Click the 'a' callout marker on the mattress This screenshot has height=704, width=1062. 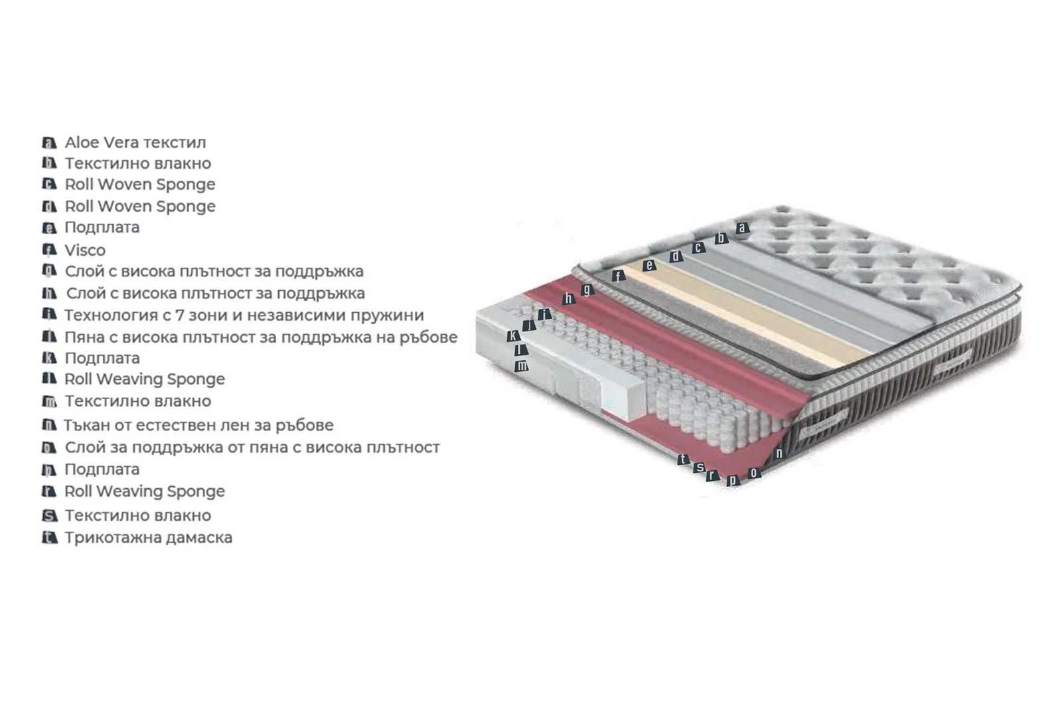[x=743, y=228]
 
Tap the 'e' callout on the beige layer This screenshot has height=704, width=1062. [x=649, y=265]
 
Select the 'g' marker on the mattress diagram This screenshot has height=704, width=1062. [x=587, y=290]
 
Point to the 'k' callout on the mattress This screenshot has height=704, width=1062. [x=513, y=336]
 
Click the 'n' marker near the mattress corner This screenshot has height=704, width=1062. [x=779, y=453]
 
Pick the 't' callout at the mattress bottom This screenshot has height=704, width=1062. [x=683, y=459]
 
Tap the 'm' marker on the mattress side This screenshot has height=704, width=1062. [x=522, y=366]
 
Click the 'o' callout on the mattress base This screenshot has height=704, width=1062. [x=754, y=473]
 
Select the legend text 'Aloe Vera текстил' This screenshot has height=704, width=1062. [x=135, y=142]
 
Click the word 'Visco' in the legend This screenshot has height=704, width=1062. [x=85, y=250]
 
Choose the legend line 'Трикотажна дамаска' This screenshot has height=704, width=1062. [x=149, y=537]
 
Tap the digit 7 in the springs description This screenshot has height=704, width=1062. [x=179, y=315]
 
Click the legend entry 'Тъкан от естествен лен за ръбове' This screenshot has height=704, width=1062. [x=198, y=425]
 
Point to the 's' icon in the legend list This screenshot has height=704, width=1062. [x=50, y=515]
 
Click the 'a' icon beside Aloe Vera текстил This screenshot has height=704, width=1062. [x=49, y=142]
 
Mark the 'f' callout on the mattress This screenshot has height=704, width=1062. [x=618, y=276]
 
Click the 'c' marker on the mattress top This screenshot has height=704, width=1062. [x=698, y=247]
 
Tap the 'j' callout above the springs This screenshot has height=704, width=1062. [x=529, y=325]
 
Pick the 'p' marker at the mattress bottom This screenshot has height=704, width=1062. [x=733, y=480]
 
